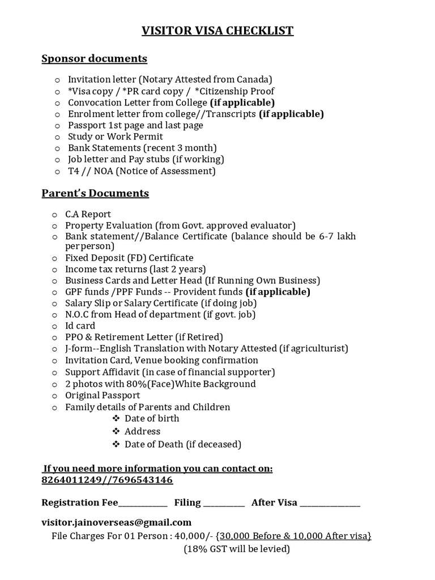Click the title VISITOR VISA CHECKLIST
pyautogui.click(x=217, y=31)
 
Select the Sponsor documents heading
pyautogui.click(x=94, y=59)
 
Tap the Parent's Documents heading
pyautogui.click(x=95, y=194)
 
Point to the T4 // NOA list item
pyautogui.click(x=142, y=170)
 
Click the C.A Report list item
pyautogui.click(x=88, y=214)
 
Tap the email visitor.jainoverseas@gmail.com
pyautogui.click(x=116, y=522)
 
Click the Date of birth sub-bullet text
pyautogui.click(x=152, y=419)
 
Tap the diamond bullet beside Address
pyautogui.click(x=116, y=432)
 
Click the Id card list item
pyautogui.click(x=80, y=326)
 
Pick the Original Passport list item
pyautogui.click(x=103, y=395)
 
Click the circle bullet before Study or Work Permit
pyautogui.click(x=57, y=137)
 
